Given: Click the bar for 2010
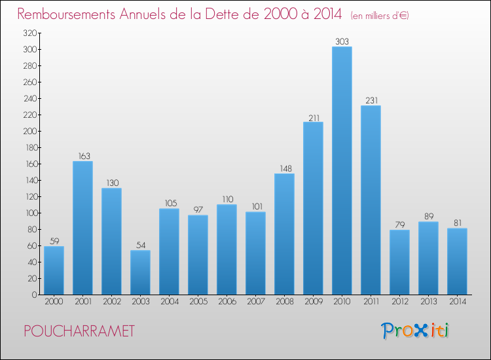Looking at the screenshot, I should [342, 170].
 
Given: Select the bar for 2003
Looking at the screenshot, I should [140, 272].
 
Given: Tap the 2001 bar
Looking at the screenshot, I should [82, 228].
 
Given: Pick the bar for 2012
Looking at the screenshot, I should [399, 262].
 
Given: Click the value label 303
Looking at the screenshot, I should [342, 41].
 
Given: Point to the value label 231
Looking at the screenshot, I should [371, 100].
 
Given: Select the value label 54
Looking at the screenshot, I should [140, 245].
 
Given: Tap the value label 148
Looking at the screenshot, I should [284, 168].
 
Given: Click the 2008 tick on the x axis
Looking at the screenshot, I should [284, 302].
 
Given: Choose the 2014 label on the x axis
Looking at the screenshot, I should [457, 302].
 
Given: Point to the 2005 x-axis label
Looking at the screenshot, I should [198, 302].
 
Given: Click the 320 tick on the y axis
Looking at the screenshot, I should [27, 33].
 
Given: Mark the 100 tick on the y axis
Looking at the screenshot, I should [27, 213].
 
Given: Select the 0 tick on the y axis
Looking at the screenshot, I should [33, 295].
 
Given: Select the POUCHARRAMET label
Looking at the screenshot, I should [79, 331].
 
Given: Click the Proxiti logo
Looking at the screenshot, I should [414, 331].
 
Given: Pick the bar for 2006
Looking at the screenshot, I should [227, 249].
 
